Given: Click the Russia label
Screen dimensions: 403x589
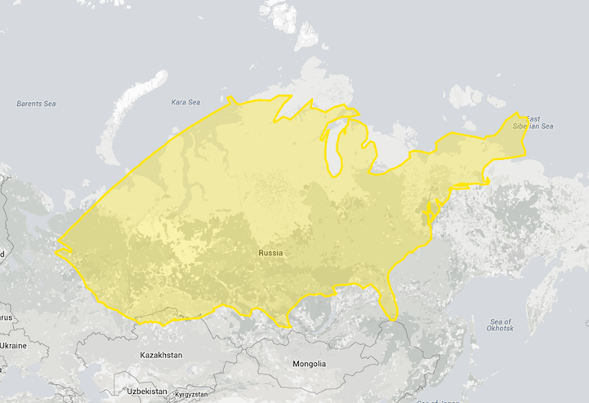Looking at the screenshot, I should [x=270, y=253].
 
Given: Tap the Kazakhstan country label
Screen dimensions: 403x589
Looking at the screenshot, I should [x=162, y=356].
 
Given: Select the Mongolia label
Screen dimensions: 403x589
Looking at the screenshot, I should [x=309, y=364].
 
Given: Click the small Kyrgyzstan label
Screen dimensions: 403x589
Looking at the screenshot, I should [x=194, y=395].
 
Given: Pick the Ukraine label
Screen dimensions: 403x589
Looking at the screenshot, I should [x=12, y=346].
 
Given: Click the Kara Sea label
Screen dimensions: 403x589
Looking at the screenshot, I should [x=185, y=102].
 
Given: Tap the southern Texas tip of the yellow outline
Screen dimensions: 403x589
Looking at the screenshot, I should [x=287, y=325].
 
